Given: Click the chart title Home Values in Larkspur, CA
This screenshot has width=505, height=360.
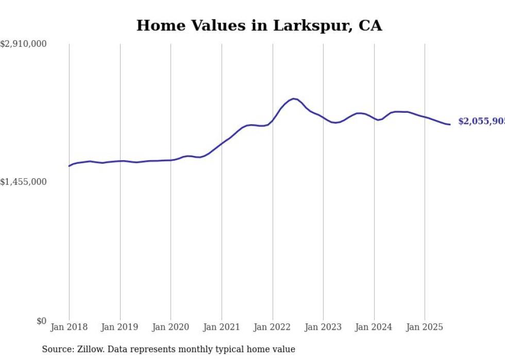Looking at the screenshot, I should pos(259,26).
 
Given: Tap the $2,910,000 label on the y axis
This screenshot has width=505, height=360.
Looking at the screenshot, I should pos(24,44).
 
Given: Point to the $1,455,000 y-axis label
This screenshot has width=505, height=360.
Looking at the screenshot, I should pos(24,182).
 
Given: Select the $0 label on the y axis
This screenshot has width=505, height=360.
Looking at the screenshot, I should pos(41,321).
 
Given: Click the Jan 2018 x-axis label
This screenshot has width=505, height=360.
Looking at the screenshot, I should pos(69,327).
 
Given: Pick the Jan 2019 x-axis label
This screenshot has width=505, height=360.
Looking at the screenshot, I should pos(120,327).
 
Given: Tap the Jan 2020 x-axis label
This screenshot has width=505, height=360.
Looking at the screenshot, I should pos(171,327).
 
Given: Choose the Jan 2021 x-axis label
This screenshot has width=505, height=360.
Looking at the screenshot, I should pos(222,327).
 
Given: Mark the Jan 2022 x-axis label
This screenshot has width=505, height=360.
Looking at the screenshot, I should pos(273,327).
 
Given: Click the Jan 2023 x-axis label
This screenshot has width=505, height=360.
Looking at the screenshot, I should pos(323,327).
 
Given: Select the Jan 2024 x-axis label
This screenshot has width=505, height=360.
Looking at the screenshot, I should pos(374,327).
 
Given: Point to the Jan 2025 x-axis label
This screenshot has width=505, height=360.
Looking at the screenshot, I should pos(425,327).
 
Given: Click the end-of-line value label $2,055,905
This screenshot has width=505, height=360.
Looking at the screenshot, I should pos(481,122).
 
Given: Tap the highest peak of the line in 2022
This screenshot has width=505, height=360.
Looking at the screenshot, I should pos(293,98).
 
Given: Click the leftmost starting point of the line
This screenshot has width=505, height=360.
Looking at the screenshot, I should pos(69,166).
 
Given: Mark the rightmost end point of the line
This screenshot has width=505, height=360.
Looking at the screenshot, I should pos(450,124).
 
